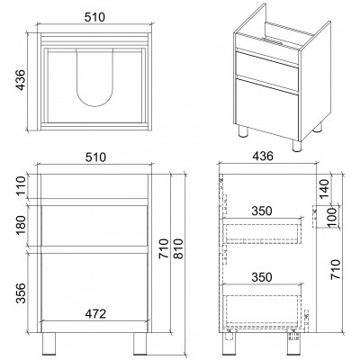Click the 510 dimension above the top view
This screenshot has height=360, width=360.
[94, 17]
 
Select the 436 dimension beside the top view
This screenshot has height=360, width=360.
[21, 80]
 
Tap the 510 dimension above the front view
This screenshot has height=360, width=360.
[95, 157]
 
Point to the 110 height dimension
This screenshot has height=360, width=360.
[21, 186]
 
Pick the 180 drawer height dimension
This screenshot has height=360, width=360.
[21, 225]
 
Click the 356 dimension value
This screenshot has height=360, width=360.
[21, 292]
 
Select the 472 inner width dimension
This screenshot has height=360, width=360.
[95, 314]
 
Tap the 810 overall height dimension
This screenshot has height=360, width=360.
[178, 249]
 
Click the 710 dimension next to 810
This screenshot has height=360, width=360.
[164, 249]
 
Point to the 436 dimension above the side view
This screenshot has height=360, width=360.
[263, 156]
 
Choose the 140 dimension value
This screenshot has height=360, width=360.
[324, 188]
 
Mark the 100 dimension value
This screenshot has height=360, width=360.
[332, 218]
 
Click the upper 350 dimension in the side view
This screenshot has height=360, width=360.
[262, 211]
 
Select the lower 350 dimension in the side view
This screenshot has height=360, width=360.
[262, 277]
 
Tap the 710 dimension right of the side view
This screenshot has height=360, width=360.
[336, 269]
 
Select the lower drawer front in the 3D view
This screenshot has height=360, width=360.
[266, 109]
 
